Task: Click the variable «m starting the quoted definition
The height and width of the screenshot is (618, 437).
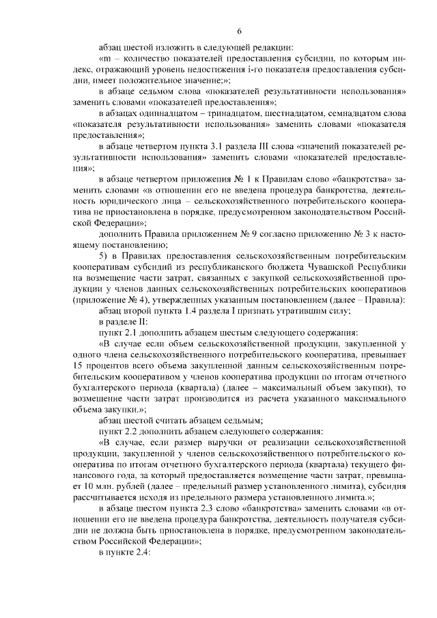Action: tap(104, 59)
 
